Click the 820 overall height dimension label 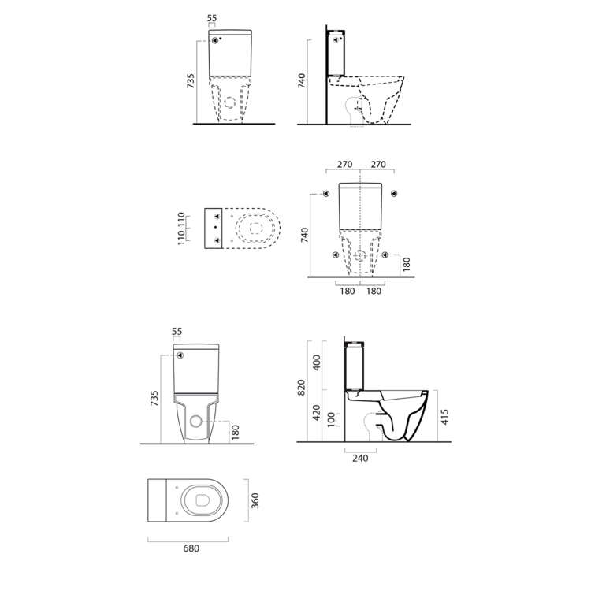301,388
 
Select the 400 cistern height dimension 317,362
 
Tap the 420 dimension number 317,413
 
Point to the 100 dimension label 331,419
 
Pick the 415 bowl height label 444,417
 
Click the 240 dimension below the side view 360,459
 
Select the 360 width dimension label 255,500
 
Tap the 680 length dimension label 191,548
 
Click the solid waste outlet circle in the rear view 196,421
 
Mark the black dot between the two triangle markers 215,227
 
